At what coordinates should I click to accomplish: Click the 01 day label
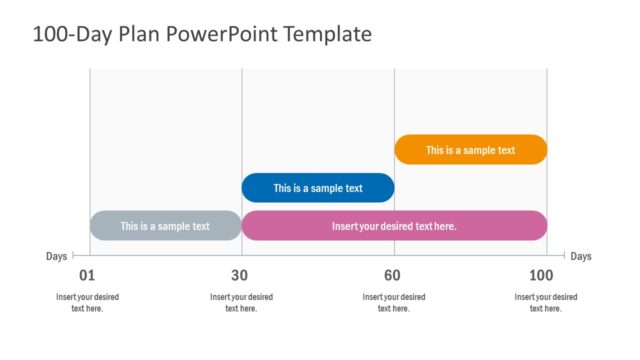(x=87, y=276)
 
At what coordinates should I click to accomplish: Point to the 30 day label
(x=239, y=276)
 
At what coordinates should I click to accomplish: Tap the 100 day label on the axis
(x=541, y=276)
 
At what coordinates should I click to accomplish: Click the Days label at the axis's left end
(x=57, y=256)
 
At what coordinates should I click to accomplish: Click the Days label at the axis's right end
(x=581, y=256)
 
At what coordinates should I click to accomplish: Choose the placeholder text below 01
(x=87, y=302)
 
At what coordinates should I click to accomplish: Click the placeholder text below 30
(x=241, y=302)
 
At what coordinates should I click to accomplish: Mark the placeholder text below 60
(x=394, y=302)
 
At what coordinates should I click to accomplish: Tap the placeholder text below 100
(x=546, y=302)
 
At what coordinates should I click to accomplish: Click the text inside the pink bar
(x=394, y=226)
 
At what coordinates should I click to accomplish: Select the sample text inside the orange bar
(x=471, y=150)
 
